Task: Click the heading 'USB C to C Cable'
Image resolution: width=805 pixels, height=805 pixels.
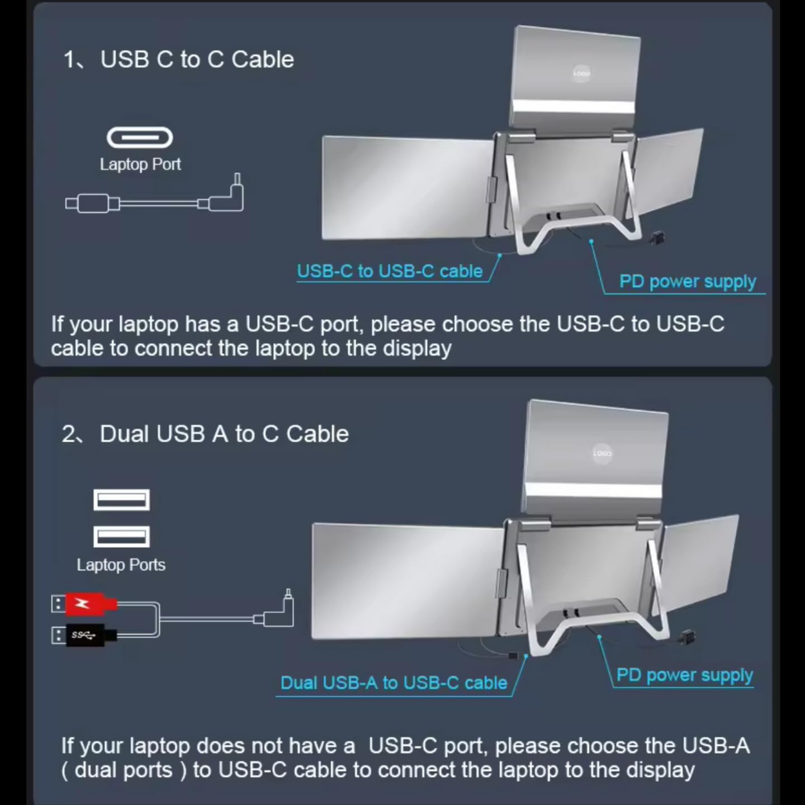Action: coord(197,59)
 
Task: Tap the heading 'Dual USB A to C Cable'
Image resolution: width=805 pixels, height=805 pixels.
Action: coord(224,434)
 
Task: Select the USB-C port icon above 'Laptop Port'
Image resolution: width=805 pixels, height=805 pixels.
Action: coord(140,138)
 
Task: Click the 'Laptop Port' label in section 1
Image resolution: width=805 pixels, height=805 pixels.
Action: coord(140,164)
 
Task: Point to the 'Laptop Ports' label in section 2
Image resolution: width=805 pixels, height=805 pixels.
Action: coord(121,565)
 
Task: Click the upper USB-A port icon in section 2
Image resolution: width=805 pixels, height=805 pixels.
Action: coord(121,500)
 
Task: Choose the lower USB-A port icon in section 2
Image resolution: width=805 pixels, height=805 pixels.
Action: coord(121,537)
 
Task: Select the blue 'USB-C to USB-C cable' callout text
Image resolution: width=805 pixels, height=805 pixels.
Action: coord(390,271)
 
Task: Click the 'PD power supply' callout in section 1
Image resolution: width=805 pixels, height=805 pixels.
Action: coord(687,281)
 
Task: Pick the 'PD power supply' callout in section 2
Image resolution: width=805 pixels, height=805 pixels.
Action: coord(684,675)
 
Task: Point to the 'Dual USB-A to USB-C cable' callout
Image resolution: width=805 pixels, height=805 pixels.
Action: coord(394,683)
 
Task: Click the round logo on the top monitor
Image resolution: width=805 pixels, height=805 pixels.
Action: coord(581,73)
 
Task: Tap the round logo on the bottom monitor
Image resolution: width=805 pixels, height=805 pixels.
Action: coord(602,453)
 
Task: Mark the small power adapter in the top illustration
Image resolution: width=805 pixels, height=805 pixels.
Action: coord(657,239)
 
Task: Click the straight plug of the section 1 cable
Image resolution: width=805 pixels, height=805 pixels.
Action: coord(92,203)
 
